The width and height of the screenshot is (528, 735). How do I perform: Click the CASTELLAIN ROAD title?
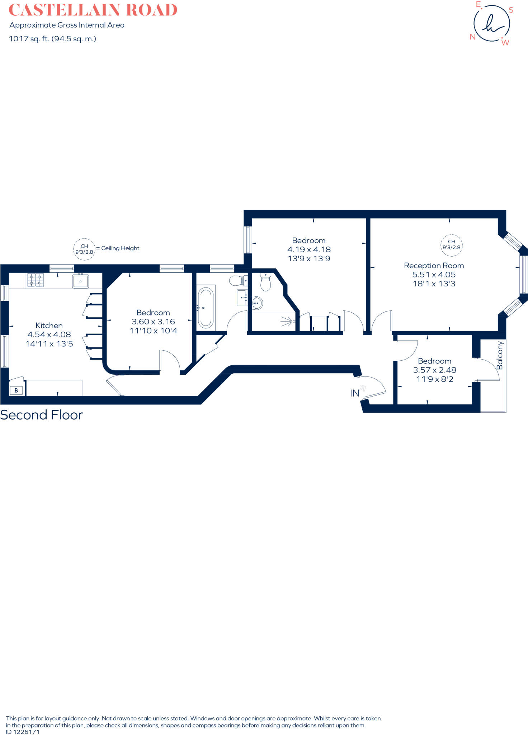click(93, 10)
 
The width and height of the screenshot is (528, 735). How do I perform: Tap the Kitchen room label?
click(49, 326)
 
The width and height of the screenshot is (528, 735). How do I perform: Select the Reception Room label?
click(434, 266)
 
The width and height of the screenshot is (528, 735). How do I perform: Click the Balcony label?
click(500, 355)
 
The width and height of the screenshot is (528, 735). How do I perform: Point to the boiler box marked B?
click(16, 390)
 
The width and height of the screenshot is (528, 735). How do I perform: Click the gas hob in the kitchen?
click(35, 280)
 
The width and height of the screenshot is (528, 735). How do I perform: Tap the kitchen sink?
click(80, 281)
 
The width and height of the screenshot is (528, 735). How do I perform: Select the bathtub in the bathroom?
click(206, 308)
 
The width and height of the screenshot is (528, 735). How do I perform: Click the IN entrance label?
click(355, 393)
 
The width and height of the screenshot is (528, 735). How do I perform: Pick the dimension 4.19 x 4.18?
click(309, 249)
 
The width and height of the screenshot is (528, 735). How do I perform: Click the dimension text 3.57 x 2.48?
click(435, 370)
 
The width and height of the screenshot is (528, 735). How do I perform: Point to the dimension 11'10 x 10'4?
click(153, 331)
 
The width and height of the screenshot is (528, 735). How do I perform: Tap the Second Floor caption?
click(42, 415)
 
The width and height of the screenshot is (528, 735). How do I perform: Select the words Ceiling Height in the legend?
click(120, 248)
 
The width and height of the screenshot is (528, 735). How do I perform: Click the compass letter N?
click(473, 37)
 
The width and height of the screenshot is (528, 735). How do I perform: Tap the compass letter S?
click(511, 10)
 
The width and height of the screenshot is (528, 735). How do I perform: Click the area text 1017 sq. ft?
click(29, 39)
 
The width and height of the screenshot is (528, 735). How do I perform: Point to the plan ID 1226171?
click(23, 732)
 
